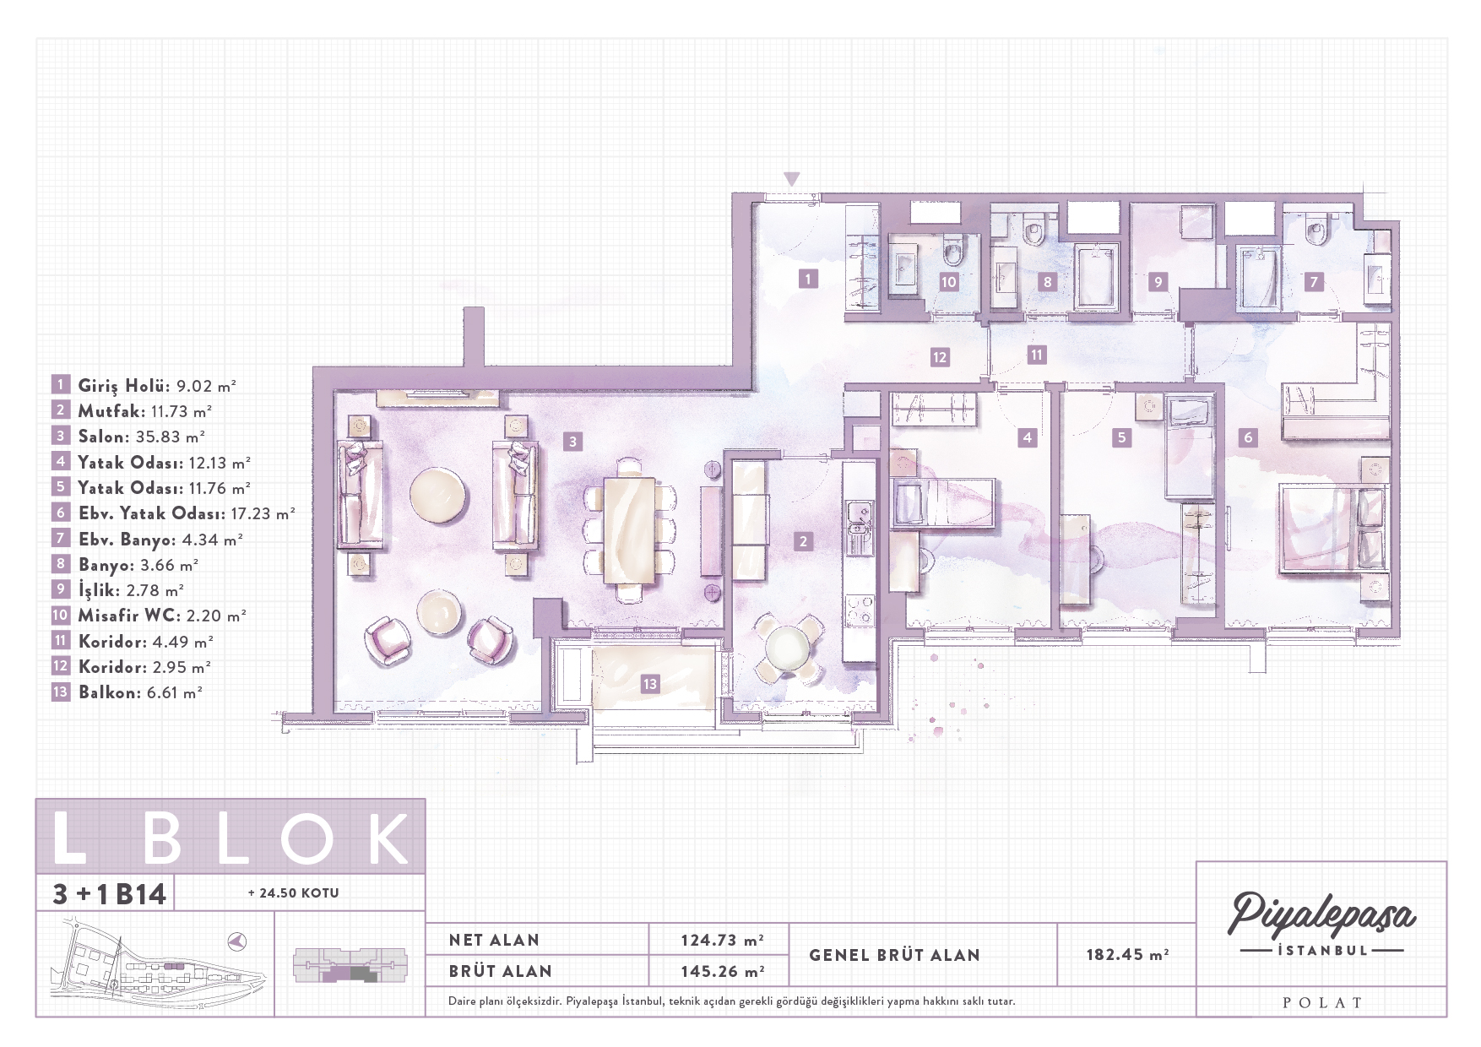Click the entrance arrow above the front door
pyautogui.click(x=791, y=178)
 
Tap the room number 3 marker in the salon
pyautogui.click(x=572, y=441)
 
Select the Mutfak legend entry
pyautogui.click(x=132, y=411)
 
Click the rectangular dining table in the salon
pyautogui.click(x=629, y=530)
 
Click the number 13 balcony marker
pyautogui.click(x=649, y=684)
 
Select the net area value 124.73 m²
pyautogui.click(x=722, y=940)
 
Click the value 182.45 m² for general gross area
pyautogui.click(x=1127, y=954)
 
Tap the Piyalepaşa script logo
pyautogui.click(x=1321, y=915)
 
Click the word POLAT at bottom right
pyautogui.click(x=1322, y=1003)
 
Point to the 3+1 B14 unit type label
pyautogui.click(x=110, y=893)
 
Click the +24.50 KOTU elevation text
pyautogui.click(x=294, y=892)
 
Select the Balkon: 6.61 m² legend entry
pyautogui.click(x=127, y=692)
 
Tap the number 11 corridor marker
pyautogui.click(x=1037, y=355)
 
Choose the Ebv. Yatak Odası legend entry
pyautogui.click(x=174, y=513)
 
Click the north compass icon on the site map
pyautogui.click(x=237, y=941)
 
